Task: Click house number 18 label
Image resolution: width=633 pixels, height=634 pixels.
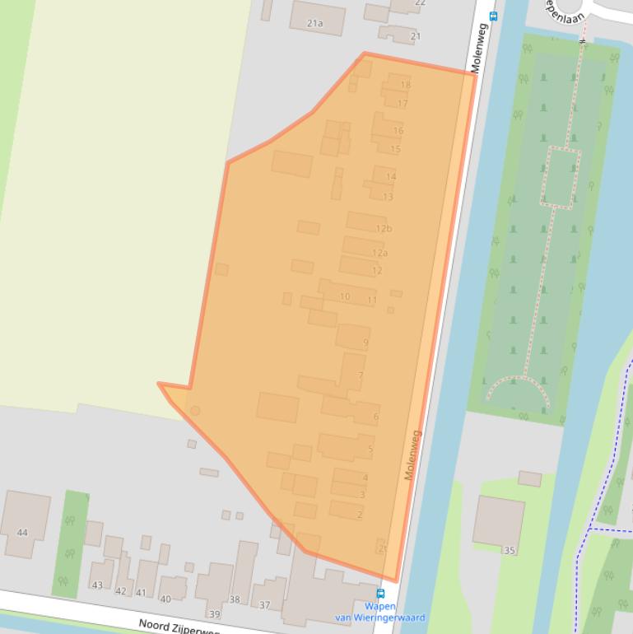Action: [405, 85]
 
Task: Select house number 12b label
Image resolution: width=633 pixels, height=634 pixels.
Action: [384, 228]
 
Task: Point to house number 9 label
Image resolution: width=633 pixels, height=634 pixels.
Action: [365, 343]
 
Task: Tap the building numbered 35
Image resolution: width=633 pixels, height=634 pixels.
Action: [499, 522]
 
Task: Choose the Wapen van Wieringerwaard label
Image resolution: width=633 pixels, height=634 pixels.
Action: [379, 612]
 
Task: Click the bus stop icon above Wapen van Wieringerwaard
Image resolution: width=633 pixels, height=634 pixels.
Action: [380, 593]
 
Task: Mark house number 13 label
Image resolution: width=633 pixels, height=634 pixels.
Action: [388, 197]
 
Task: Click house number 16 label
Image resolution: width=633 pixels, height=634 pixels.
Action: [398, 130]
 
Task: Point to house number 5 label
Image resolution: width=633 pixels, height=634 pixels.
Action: [370, 449]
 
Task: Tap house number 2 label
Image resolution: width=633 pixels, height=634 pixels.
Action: [360, 515]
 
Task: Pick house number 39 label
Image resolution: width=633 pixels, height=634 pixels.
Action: [215, 614]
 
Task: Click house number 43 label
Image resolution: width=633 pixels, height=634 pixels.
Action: [97, 585]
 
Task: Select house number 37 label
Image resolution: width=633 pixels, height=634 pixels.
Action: [265, 605]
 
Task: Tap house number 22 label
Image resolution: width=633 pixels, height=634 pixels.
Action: [420, 2]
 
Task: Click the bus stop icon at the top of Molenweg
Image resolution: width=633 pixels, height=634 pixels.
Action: [493, 15]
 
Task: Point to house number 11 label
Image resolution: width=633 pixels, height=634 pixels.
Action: [372, 300]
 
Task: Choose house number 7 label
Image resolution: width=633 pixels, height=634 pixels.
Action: [361, 375]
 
